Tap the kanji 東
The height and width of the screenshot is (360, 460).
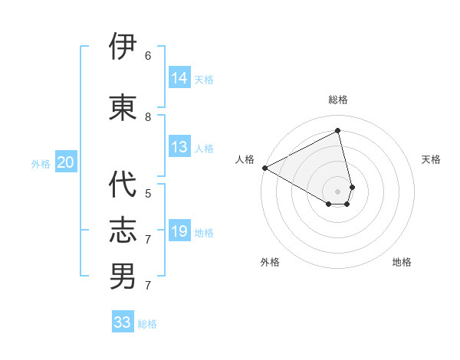tap(123, 106)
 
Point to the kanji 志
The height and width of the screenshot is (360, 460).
tap(123, 230)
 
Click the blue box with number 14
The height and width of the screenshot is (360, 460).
tap(179, 78)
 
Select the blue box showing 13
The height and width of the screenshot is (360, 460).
tap(179, 147)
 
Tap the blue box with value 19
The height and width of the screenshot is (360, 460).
tap(179, 231)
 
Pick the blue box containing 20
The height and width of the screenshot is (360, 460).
tap(66, 162)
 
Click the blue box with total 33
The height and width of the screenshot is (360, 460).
tap(123, 322)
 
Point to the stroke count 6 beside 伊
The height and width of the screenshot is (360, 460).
tap(148, 55)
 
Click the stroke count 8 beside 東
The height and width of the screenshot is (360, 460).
tap(148, 116)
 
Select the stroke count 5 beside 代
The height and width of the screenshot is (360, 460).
tap(148, 194)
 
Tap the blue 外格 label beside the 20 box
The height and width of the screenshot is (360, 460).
tap(41, 163)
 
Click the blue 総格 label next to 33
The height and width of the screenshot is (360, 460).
tap(147, 324)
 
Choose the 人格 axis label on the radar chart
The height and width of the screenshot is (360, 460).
tap(245, 159)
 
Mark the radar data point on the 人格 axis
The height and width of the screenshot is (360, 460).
tap(264, 168)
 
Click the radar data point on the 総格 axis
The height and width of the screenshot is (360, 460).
tap(338, 131)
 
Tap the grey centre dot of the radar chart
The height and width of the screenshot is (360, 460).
tap(337, 190)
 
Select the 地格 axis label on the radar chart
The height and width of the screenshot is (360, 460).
tap(402, 262)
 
